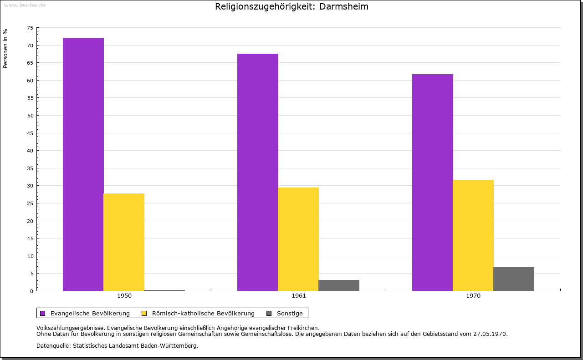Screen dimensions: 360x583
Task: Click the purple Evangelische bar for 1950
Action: [83, 164]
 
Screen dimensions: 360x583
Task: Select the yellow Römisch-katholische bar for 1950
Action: [124, 242]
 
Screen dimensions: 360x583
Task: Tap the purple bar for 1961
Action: [258, 172]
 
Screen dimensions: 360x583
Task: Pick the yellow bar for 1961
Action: [298, 239]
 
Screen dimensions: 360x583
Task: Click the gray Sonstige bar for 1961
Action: [339, 285]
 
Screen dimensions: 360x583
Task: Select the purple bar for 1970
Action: [433, 182]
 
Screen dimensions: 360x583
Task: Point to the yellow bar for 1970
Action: [473, 235]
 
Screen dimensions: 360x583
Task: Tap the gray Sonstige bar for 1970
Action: [514, 279]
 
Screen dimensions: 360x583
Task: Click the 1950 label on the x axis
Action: [124, 296]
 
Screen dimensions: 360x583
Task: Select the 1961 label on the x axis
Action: [299, 296]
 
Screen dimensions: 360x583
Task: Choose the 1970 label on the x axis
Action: [473, 296]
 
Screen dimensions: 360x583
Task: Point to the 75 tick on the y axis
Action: [30, 28]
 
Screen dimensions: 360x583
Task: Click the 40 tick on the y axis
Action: [30, 151]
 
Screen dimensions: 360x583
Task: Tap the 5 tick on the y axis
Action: [31, 274]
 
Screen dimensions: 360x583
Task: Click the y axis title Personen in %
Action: [5, 48]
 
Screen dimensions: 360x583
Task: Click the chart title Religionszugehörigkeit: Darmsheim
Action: [291, 6]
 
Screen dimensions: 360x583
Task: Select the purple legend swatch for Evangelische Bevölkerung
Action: [43, 313]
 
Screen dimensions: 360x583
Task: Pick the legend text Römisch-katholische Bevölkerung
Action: [203, 313]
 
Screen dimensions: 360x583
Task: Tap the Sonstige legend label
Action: [290, 313]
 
